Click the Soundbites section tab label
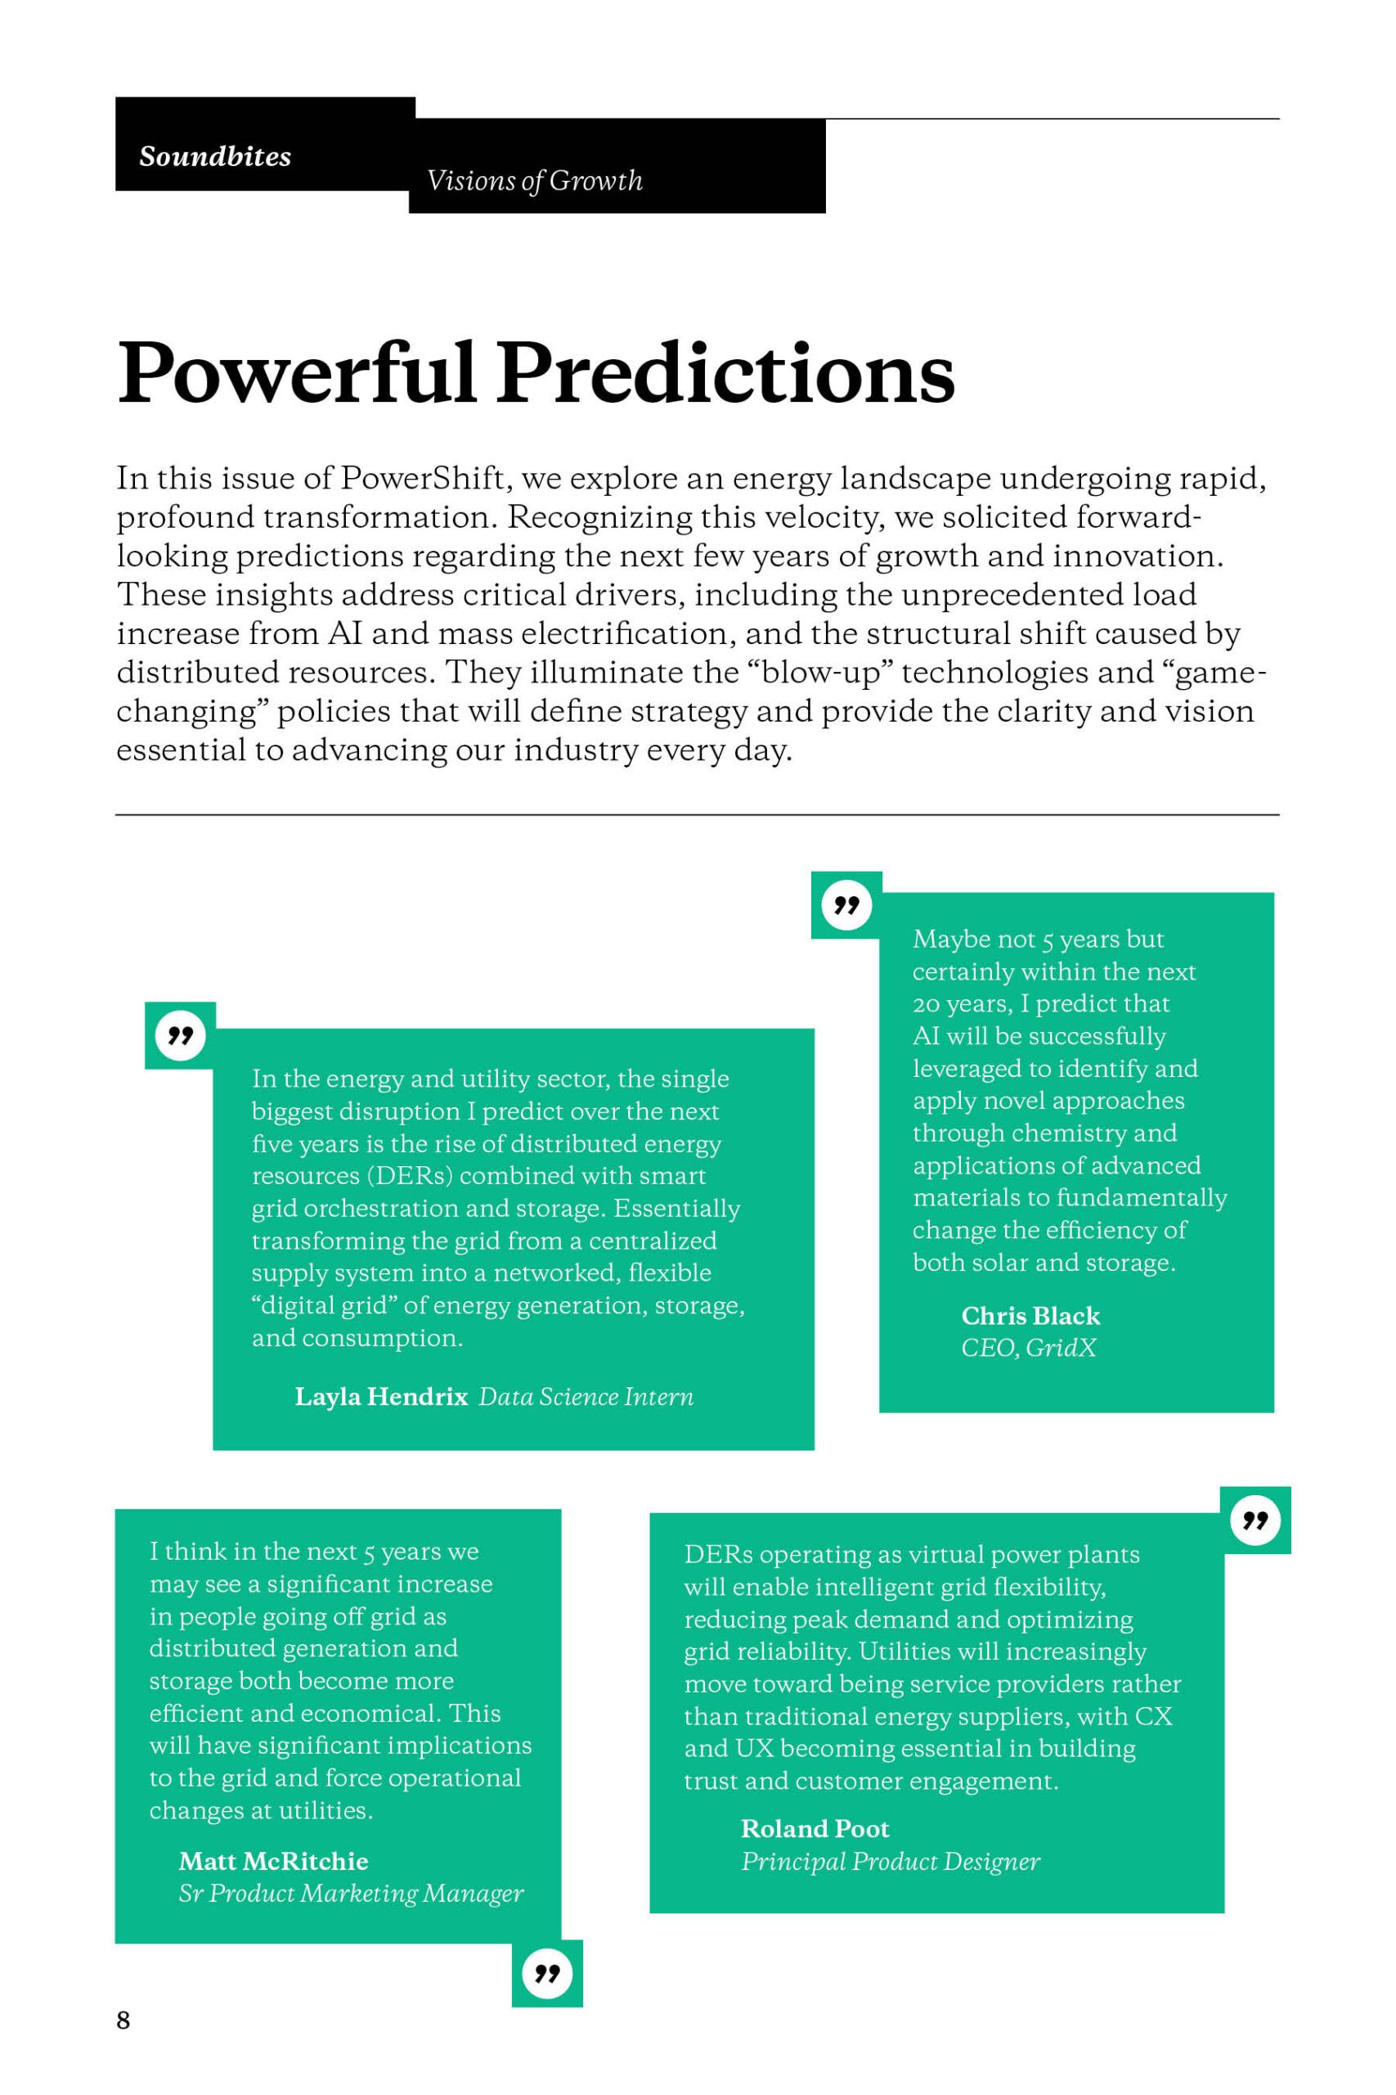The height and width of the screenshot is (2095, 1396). point(214,157)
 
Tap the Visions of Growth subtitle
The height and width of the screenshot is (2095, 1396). point(534,181)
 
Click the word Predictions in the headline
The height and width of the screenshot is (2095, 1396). point(725,373)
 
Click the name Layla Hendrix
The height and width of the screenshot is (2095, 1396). point(381,1396)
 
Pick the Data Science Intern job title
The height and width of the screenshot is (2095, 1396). point(586,1396)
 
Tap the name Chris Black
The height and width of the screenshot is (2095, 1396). point(1030,1316)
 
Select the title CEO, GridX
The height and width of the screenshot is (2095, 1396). point(1028,1347)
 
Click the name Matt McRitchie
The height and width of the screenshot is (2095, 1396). point(273,1861)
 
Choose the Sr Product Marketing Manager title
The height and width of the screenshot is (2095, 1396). point(351,1893)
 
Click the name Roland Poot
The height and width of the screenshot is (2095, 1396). point(815,1829)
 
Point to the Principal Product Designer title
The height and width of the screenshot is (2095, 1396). point(891,1861)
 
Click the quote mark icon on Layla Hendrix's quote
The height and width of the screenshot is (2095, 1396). point(180,1035)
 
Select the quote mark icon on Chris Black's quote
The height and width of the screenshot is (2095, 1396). point(846,905)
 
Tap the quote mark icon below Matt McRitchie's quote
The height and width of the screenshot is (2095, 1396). point(546,1974)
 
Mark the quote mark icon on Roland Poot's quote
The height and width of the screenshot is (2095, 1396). point(1255,1520)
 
